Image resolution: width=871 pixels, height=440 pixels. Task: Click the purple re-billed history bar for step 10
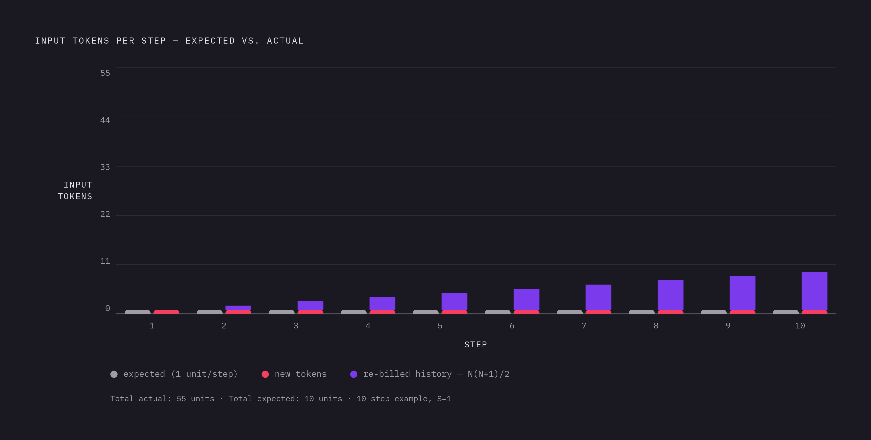814,291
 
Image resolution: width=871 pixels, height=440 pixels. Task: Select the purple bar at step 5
454,301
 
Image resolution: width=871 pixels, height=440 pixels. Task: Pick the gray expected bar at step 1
138,312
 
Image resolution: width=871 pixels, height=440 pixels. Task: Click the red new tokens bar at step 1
166,312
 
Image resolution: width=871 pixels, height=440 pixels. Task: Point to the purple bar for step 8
670,295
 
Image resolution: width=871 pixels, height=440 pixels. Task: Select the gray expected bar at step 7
569,312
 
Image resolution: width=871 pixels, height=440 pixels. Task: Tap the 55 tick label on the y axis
105,73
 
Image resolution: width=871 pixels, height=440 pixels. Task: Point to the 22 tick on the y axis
105,214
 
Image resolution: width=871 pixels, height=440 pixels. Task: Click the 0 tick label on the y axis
107,308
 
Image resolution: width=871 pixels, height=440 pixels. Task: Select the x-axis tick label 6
512,326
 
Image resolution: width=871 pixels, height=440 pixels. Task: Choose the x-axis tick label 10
800,326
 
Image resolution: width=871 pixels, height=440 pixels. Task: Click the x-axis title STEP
476,345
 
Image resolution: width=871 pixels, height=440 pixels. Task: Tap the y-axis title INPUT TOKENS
75,191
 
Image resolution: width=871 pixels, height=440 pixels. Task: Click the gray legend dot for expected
114,374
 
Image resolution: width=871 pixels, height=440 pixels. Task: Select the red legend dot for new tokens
265,374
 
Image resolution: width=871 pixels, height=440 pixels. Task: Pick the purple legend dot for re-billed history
354,374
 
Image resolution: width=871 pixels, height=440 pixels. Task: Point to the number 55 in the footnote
181,399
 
